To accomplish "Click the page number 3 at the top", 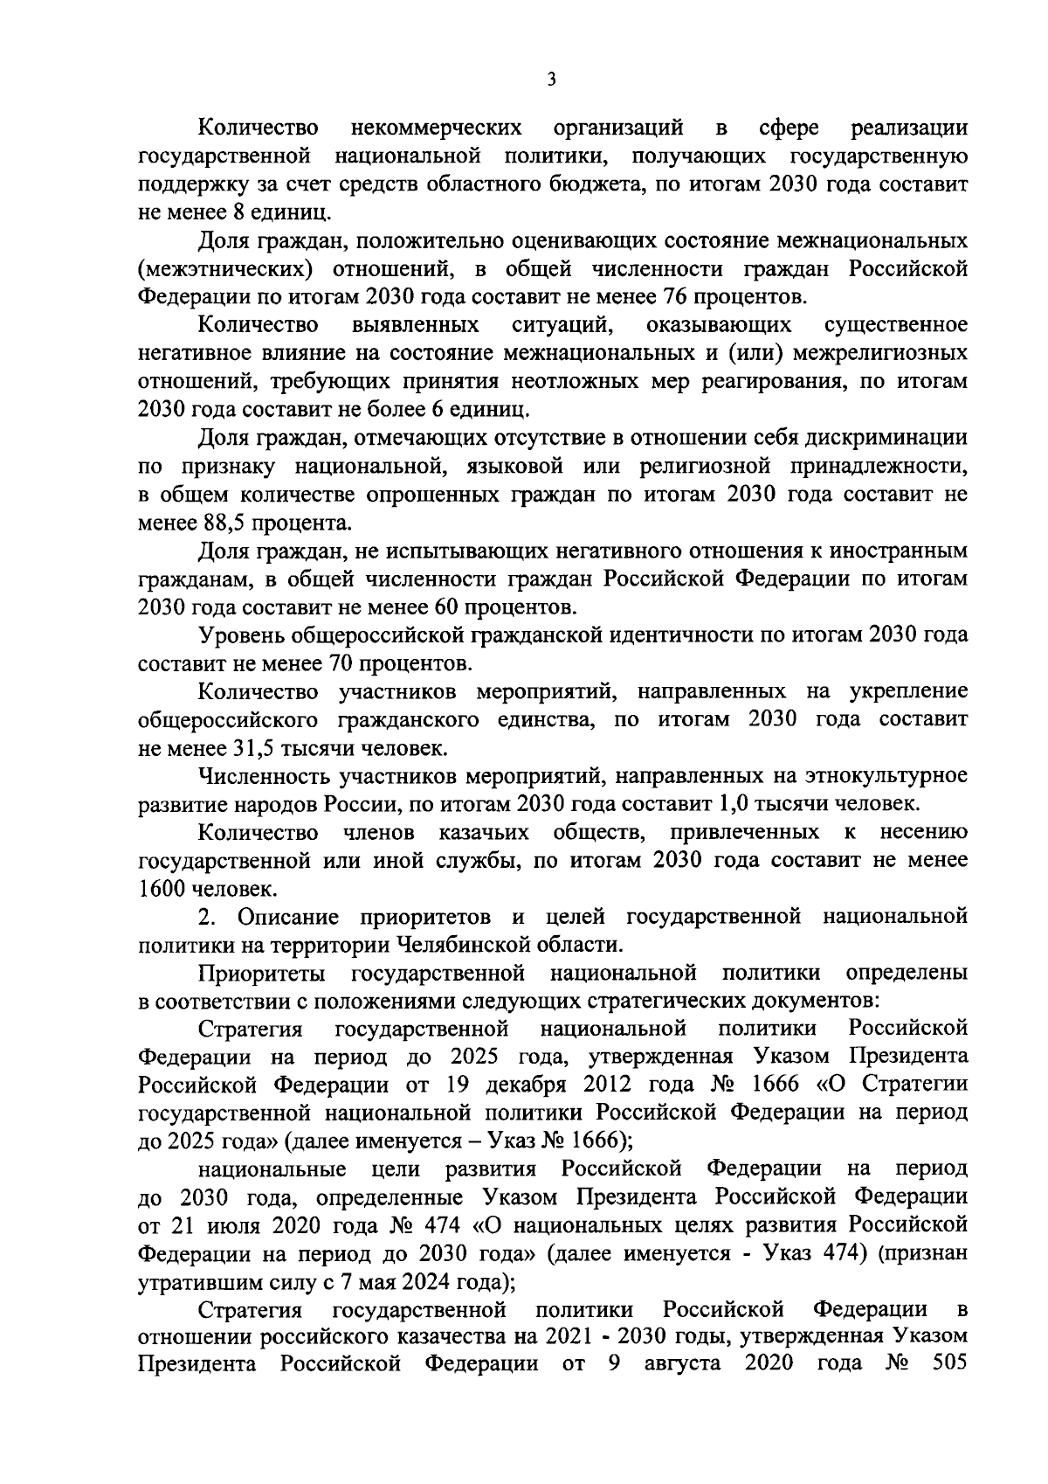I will [550, 80].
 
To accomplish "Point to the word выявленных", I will [416, 325].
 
